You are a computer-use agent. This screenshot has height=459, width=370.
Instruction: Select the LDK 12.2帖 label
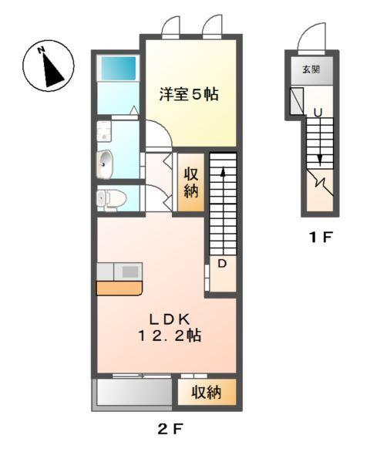coord(170,327)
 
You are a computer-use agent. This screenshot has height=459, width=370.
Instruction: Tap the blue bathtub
coord(117,69)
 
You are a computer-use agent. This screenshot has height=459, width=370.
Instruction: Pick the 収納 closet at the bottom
coord(207,393)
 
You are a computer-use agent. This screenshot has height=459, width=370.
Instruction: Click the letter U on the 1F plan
coord(317,113)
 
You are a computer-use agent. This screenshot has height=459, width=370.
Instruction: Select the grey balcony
coord(132,394)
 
